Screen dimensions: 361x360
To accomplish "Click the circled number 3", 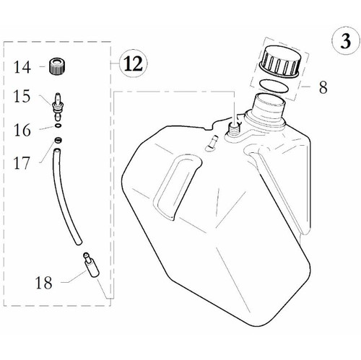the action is (x=346, y=41).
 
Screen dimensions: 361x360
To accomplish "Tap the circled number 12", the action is (x=133, y=63).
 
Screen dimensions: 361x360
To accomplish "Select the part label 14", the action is (x=22, y=67).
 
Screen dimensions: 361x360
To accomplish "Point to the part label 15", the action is (x=22, y=96).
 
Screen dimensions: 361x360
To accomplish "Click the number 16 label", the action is (x=22, y=130).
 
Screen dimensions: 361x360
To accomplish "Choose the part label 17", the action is (x=22, y=163).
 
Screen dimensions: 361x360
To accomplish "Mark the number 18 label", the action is (x=43, y=282).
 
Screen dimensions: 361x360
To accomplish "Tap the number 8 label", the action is (x=323, y=87).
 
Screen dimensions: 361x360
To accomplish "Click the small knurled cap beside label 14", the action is (x=57, y=66).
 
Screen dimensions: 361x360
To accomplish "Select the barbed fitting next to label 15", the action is (x=58, y=106).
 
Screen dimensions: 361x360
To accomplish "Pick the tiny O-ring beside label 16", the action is (x=58, y=126).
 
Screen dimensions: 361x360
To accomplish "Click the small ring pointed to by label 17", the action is (x=58, y=141).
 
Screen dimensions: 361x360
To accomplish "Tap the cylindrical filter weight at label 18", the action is (x=91, y=265).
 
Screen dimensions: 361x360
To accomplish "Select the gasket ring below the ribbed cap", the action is (x=274, y=86).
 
